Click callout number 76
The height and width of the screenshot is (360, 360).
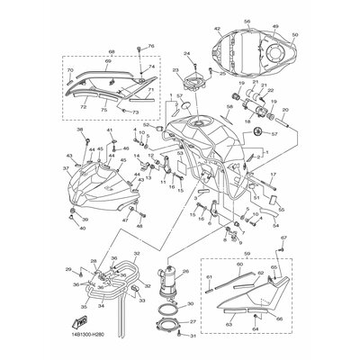(151, 46)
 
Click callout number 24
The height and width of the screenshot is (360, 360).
(191, 53)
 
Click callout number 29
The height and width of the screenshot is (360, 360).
(67, 270)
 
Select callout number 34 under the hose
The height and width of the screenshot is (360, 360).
(102, 305)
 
